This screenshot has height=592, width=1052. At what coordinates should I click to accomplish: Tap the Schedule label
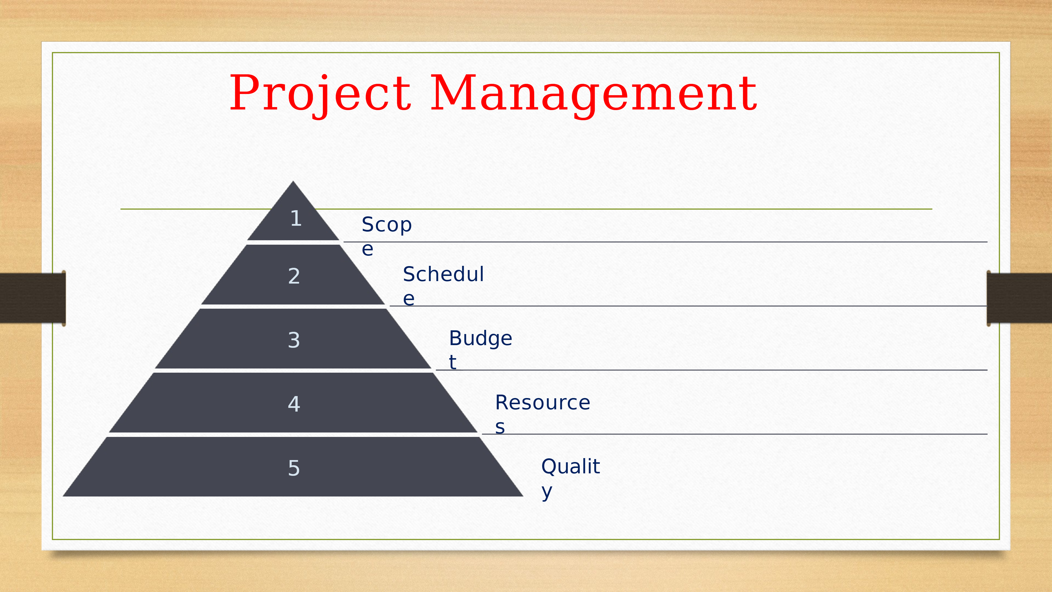click(x=443, y=285)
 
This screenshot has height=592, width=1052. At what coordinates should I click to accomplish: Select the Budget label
click(x=480, y=349)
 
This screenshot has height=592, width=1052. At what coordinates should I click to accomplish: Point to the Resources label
click(x=542, y=414)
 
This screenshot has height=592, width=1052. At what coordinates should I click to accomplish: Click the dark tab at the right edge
click(x=1019, y=298)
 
